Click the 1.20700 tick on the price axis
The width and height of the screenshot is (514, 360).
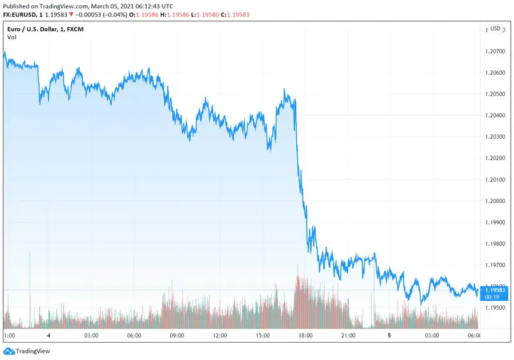click(496, 50)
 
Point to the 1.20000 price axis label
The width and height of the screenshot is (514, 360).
click(496, 201)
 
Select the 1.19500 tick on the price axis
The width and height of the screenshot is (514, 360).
click(496, 308)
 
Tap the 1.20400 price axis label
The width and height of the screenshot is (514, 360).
click(496, 115)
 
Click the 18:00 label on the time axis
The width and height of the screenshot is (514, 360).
click(305, 336)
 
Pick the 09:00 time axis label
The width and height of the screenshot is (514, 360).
click(177, 336)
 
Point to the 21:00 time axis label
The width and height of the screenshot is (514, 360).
click(348, 336)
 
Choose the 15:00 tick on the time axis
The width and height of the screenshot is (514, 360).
click(262, 336)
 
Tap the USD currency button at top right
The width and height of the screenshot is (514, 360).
click(495, 29)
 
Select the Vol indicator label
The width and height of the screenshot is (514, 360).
click(12, 37)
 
